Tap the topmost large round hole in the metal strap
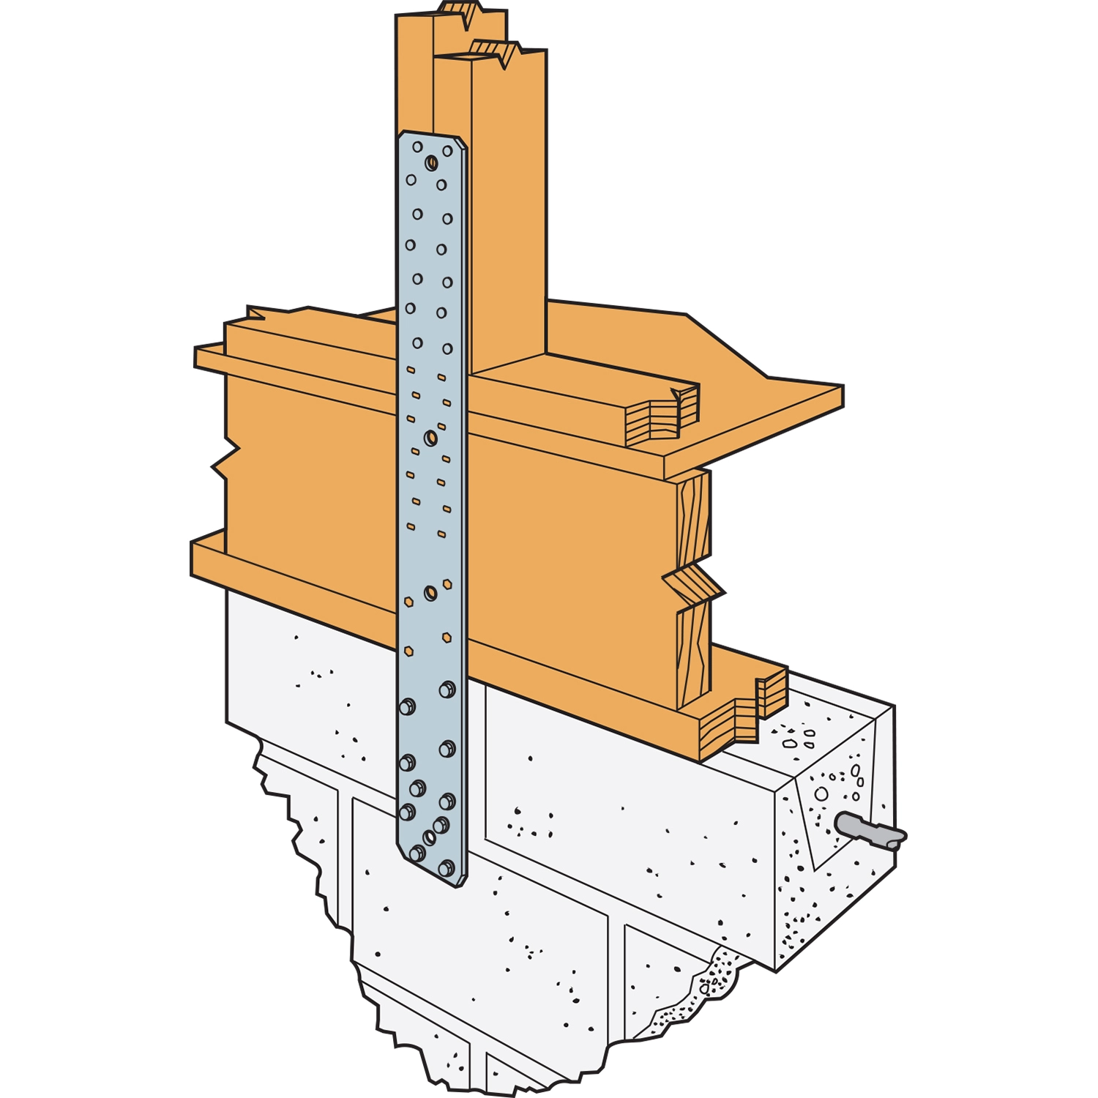431,163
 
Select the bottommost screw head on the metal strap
445,868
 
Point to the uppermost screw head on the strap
447,690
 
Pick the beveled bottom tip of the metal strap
432,871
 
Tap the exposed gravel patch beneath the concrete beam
703,988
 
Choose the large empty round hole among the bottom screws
430,837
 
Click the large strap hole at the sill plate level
430,591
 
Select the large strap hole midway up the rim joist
430,438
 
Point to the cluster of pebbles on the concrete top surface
798,736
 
